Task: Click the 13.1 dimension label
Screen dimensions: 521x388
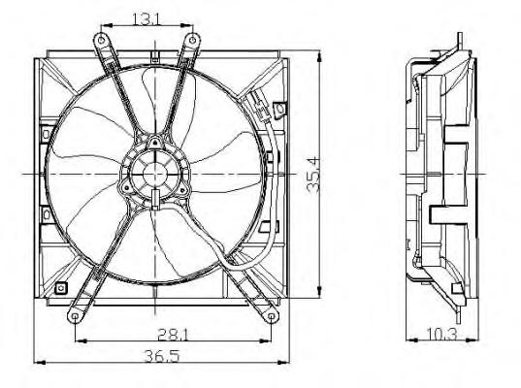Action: (147, 19)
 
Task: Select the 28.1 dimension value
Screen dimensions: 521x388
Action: (173, 335)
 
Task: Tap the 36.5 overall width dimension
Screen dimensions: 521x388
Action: (162, 356)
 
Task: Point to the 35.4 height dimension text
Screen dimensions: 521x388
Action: (313, 175)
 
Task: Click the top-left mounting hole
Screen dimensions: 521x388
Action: (101, 41)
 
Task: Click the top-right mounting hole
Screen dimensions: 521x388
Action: (192, 40)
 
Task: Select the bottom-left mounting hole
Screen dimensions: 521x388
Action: (75, 316)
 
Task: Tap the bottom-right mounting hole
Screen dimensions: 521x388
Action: (271, 316)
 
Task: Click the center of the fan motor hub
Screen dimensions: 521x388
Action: (155, 174)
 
